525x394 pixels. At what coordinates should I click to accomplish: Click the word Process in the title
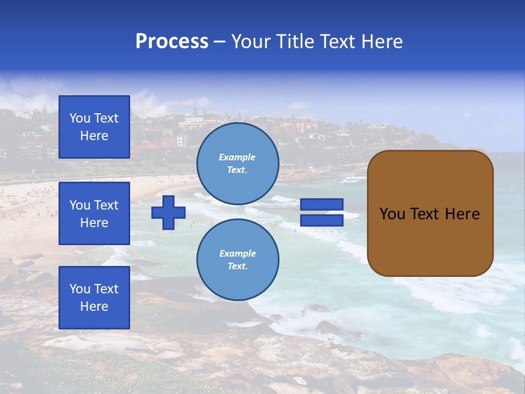click(172, 42)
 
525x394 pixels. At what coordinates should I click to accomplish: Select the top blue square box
click(94, 127)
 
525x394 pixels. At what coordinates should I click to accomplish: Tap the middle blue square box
click(94, 213)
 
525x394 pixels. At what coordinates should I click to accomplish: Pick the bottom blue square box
click(94, 298)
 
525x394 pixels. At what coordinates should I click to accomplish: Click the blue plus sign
click(168, 212)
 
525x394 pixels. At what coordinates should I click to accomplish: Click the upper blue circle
click(237, 164)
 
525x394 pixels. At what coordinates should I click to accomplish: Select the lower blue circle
click(237, 260)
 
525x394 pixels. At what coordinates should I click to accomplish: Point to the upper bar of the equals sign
click(322, 205)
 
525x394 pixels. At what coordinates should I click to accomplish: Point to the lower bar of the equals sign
click(322, 221)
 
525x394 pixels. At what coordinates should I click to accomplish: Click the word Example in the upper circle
click(237, 157)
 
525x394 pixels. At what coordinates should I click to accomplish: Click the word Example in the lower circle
click(237, 253)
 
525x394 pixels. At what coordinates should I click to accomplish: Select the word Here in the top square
click(94, 136)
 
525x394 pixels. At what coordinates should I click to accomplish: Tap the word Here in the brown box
click(462, 214)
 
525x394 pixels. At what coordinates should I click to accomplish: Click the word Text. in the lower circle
click(237, 266)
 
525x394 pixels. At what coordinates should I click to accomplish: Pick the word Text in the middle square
click(106, 205)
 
